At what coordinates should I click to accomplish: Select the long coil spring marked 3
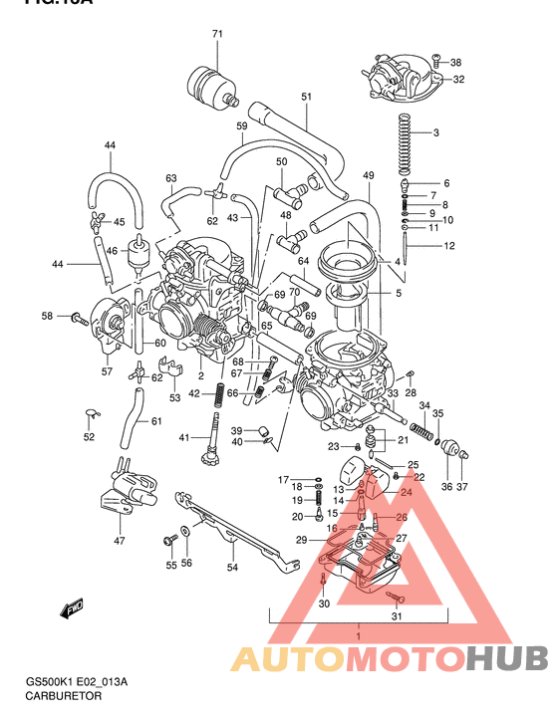tap(404, 140)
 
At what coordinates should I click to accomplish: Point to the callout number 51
tap(306, 97)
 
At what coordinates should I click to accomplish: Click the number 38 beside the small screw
tap(455, 63)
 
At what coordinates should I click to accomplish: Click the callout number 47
tap(120, 541)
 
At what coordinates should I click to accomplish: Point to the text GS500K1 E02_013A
tap(77, 683)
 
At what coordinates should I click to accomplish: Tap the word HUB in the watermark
tap(507, 659)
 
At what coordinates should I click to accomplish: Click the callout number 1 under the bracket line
tap(358, 633)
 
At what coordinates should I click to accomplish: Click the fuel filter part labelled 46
tap(139, 252)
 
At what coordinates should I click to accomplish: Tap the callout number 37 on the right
tap(461, 487)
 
